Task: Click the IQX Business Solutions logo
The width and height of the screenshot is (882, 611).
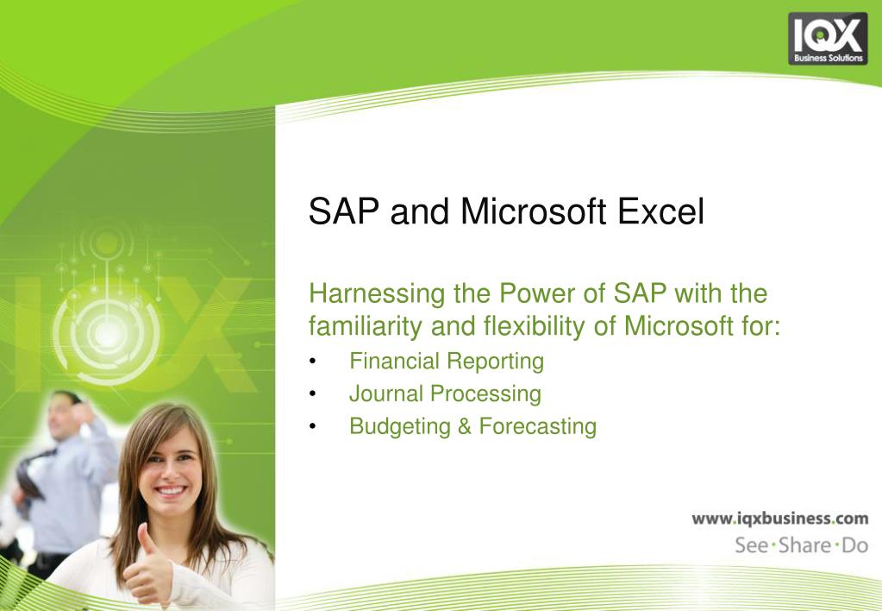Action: [x=828, y=39]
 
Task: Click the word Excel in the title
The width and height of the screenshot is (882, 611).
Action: [x=660, y=211]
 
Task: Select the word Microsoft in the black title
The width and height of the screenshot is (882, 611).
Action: [x=533, y=211]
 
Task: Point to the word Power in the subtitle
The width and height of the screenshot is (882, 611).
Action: [x=536, y=293]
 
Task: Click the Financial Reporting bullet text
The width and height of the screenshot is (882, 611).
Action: [x=447, y=362]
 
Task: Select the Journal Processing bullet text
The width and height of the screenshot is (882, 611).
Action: [x=445, y=394]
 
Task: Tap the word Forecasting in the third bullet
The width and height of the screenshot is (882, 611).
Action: [x=538, y=427]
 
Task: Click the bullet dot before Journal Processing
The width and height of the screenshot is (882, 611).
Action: [x=313, y=394]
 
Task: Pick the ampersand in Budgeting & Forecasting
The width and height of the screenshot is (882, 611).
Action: [x=465, y=426]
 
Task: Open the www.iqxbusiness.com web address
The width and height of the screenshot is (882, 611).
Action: [x=780, y=519]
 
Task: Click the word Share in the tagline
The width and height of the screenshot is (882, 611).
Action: [x=805, y=545]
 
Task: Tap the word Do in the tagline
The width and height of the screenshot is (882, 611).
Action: [x=855, y=545]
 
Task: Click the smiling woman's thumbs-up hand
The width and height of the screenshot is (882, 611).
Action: [x=148, y=566]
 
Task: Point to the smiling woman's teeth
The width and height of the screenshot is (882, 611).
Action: [x=171, y=491]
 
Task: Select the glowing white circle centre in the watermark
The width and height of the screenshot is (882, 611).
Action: [x=107, y=335]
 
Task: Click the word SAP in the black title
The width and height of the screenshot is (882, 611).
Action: [x=344, y=211]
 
